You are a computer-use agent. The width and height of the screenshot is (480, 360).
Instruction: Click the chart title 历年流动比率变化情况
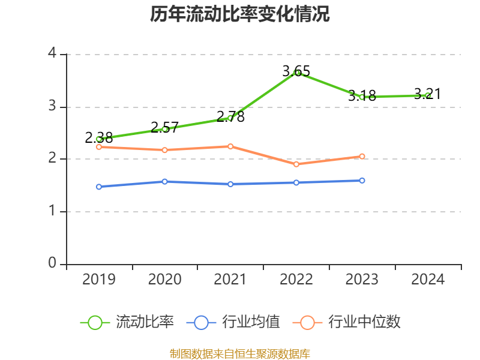240,14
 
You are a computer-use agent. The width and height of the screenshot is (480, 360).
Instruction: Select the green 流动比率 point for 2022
296,73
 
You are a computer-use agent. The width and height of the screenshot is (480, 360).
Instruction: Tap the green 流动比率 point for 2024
428,95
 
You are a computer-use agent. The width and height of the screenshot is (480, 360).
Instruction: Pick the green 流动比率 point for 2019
99,139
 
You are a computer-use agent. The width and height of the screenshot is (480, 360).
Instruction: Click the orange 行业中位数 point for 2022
296,164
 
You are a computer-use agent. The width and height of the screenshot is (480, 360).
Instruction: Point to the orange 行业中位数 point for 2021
230,146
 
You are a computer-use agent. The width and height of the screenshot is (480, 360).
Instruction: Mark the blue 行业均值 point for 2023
362,181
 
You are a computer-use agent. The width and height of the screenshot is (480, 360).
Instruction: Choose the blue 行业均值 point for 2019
99,187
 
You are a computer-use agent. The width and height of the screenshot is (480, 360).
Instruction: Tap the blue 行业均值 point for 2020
165,181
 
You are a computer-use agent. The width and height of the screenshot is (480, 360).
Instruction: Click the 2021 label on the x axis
230,280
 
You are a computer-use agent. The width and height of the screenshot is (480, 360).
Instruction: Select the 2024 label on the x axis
428,280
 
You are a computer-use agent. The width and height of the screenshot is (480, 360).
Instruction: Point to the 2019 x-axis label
99,280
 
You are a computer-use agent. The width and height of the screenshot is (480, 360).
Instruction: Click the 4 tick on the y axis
52,54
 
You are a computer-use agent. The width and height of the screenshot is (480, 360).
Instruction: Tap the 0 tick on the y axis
52,264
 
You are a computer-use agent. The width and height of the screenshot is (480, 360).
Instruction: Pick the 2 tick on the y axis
52,159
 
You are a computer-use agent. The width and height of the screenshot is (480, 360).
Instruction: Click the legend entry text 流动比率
145,322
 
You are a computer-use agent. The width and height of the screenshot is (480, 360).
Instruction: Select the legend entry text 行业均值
251,322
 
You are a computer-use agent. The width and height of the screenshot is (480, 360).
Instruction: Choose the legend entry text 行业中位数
364,322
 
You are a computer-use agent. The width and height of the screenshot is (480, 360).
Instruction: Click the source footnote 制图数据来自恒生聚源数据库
240,353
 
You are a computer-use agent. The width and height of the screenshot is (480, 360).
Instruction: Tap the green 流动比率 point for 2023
362,97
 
